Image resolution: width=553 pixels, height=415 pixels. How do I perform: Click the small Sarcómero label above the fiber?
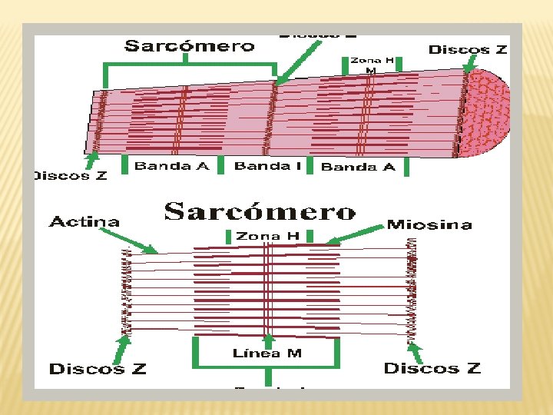pyautogui.click(x=190, y=46)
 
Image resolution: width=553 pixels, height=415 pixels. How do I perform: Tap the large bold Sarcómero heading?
pyautogui.click(x=260, y=212)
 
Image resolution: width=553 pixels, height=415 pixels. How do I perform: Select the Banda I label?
pyautogui.click(x=267, y=166)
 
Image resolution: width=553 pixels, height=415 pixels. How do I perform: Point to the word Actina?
pyautogui.click(x=84, y=222)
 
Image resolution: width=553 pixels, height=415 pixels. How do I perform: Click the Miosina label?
pyautogui.click(x=429, y=224)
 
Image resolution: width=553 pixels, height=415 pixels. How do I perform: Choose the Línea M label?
pyautogui.click(x=267, y=354)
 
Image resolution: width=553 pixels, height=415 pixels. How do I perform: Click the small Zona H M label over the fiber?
pyautogui.click(x=371, y=65)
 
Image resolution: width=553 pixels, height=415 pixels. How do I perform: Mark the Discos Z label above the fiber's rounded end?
pyautogui.click(x=468, y=50)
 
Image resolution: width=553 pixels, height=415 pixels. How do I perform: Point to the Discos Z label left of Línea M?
pyautogui.click(x=98, y=369)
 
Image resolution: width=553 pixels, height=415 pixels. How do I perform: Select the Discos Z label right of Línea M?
pyautogui.click(x=432, y=368)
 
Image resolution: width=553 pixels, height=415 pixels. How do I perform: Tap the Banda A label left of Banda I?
pyautogui.click(x=171, y=166)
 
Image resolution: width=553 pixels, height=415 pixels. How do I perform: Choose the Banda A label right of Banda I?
pyautogui.click(x=359, y=167)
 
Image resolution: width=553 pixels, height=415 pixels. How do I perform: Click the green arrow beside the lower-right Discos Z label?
pyautogui.click(x=415, y=352)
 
